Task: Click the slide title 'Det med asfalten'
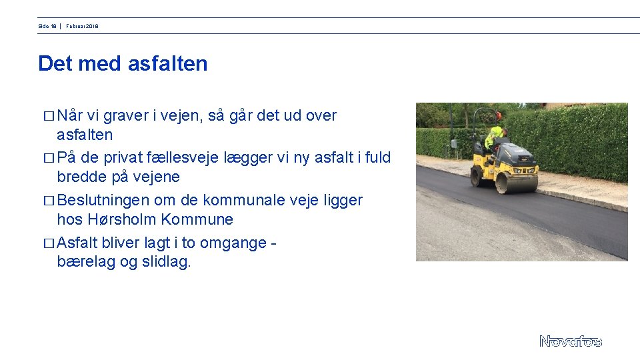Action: [123, 64]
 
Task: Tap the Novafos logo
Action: [570, 341]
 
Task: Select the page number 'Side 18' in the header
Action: [47, 26]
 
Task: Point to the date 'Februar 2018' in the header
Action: [82, 26]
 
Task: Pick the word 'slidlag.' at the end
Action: [166, 262]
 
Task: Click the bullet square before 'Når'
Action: [47, 117]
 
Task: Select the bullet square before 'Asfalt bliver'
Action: [47, 243]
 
